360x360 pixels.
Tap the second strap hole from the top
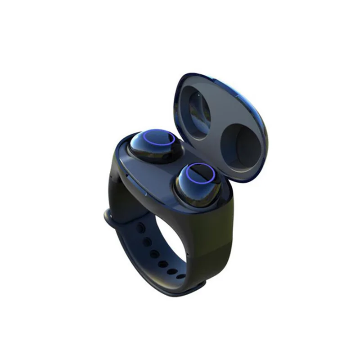click(x=146, y=242)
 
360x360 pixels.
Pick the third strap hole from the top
click(x=154, y=254)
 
